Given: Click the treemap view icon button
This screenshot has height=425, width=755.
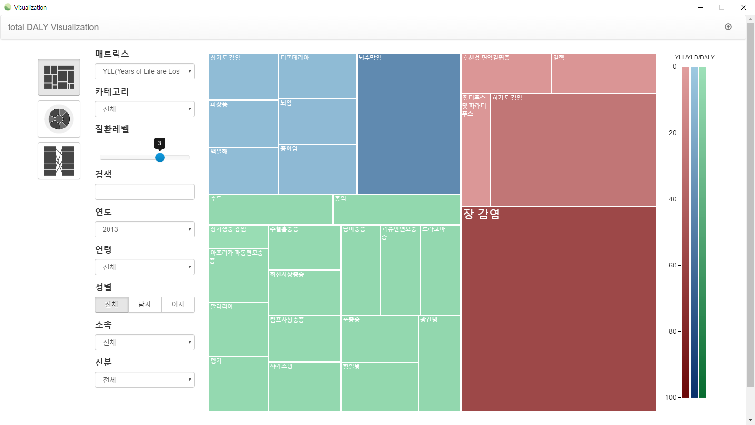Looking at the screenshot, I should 59,77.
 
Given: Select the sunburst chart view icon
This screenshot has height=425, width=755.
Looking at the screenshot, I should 59,119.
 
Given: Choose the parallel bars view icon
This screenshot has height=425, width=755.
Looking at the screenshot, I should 59,161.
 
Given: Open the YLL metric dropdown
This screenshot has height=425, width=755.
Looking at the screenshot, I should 145,71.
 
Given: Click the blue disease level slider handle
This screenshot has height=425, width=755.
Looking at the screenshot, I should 160,158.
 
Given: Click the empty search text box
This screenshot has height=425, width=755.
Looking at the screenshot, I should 145,192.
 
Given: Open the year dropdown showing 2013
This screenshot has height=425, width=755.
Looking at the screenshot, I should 145,229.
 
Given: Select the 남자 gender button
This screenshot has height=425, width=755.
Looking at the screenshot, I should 145,305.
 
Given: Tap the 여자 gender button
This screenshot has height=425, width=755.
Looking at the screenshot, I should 178,305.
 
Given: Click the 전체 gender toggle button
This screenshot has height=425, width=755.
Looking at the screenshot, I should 111,305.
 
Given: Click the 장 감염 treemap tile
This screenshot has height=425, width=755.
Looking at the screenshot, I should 558,309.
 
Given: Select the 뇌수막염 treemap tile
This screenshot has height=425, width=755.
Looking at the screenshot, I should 408,124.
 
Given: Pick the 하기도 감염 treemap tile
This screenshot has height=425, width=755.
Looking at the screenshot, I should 573,150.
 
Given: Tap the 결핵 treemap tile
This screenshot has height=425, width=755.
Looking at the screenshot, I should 604,74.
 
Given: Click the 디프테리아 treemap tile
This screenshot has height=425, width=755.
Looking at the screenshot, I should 318,76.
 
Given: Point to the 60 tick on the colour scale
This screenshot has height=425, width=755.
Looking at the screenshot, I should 673,265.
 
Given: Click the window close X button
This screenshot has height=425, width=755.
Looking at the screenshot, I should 744,7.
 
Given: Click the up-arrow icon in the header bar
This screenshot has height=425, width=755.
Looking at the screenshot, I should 728,27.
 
